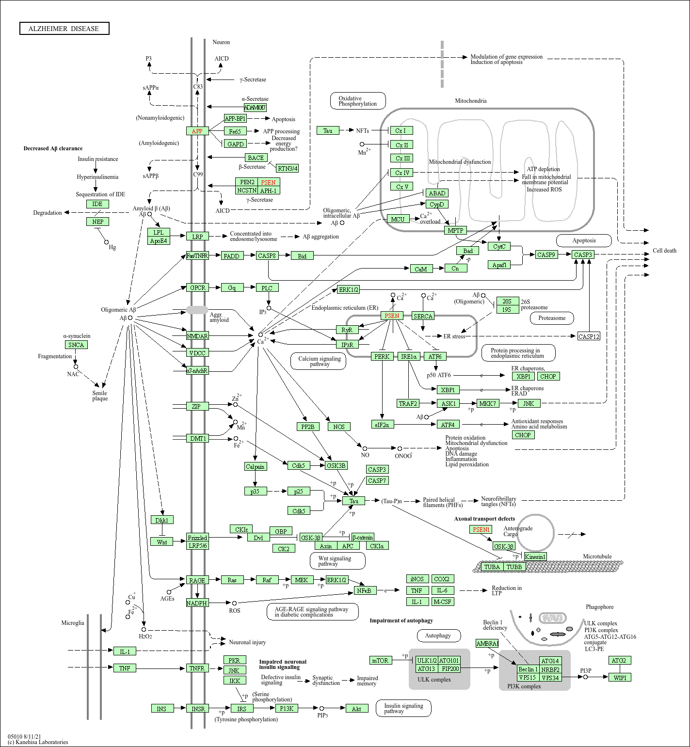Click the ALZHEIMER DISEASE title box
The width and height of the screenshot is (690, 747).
pos(64,29)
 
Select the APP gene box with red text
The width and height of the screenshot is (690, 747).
pos(197,131)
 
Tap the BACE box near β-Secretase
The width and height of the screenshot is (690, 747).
pos(256,158)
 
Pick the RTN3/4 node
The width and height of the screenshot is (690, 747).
pos(287,168)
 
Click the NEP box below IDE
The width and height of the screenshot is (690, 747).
pos(97,222)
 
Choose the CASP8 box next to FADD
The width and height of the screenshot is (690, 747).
pos(267,255)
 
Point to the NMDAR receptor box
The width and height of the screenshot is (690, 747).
pos(197,336)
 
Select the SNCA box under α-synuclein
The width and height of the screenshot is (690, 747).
pos(76,345)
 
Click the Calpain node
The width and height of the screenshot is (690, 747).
pos(255,466)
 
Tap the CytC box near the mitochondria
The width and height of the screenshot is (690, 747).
pos(499,246)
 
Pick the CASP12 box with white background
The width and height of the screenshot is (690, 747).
pos(589,336)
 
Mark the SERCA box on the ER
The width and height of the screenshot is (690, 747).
pos(423,316)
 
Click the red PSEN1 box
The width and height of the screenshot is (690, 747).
pos(481,529)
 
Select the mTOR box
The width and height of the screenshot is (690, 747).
pos(380,660)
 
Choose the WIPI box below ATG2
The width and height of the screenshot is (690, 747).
pos(620,678)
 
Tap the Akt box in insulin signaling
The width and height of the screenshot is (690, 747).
pos(356,709)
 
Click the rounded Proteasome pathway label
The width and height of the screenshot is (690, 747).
pos(552,318)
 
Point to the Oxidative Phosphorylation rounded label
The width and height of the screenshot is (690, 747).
pos(358,101)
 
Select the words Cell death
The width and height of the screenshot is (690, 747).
pos(664,251)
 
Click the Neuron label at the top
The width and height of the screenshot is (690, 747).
pos(221,42)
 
